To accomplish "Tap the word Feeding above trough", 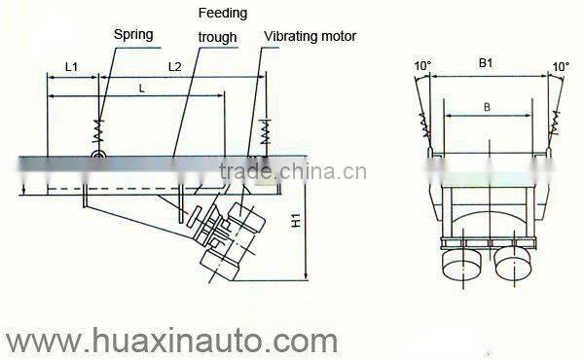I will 222,14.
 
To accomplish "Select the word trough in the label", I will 217,39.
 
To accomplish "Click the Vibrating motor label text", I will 310,36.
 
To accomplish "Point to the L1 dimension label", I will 72,67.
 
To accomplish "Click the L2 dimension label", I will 174,67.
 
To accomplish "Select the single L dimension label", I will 143,87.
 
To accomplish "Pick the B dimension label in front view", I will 486,108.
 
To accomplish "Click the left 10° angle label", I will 421,66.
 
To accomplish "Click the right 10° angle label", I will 561,66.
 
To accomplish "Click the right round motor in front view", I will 511,261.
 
